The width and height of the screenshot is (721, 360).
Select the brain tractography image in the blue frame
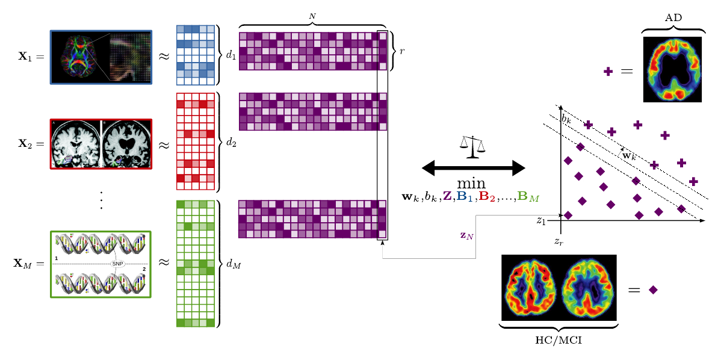[101, 57]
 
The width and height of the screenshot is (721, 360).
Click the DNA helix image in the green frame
[101, 264]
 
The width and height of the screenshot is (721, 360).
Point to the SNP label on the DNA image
[117, 264]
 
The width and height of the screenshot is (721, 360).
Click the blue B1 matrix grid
[195, 55]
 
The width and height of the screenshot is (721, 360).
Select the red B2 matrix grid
[195, 141]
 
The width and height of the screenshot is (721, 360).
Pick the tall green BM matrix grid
[195, 264]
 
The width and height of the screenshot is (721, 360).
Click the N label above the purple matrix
[312, 16]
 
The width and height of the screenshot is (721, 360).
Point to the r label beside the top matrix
[401, 51]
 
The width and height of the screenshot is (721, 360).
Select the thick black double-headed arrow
[474, 169]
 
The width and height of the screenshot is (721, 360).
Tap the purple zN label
[466, 235]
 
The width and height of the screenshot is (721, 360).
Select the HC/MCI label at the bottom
[558, 340]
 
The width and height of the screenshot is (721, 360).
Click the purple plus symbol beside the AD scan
[608, 72]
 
